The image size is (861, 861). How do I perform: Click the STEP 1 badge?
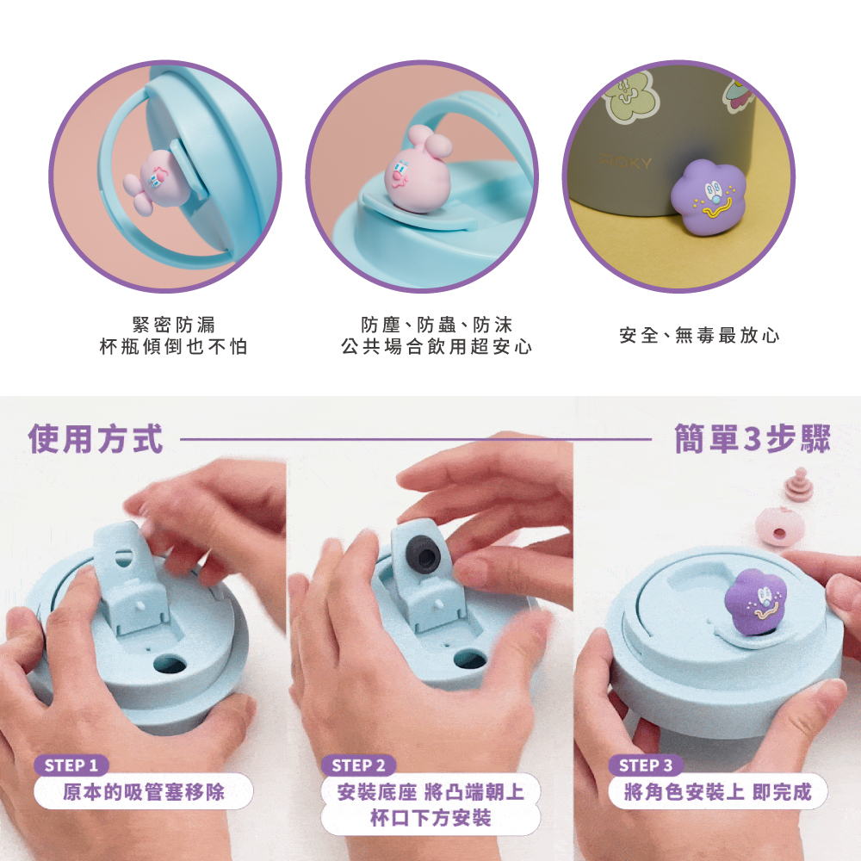coord(71,765)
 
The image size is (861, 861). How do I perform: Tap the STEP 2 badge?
coord(358,765)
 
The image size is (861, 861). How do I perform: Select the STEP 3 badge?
coord(646,765)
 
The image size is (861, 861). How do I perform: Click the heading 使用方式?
coord(96,439)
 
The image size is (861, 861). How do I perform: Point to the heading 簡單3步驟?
coord(753,439)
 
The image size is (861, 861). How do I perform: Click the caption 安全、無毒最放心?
coord(699,335)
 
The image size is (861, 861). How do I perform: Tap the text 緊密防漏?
coord(174,325)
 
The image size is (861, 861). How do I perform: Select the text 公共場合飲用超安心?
coord(437,346)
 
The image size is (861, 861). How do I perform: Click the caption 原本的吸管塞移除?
coord(144,792)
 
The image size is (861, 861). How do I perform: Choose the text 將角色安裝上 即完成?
coord(718,792)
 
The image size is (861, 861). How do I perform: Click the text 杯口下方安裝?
coord(431,818)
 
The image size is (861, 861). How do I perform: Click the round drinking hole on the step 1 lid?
coord(170,663)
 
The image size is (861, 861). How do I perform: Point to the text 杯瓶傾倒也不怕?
coord(174,346)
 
